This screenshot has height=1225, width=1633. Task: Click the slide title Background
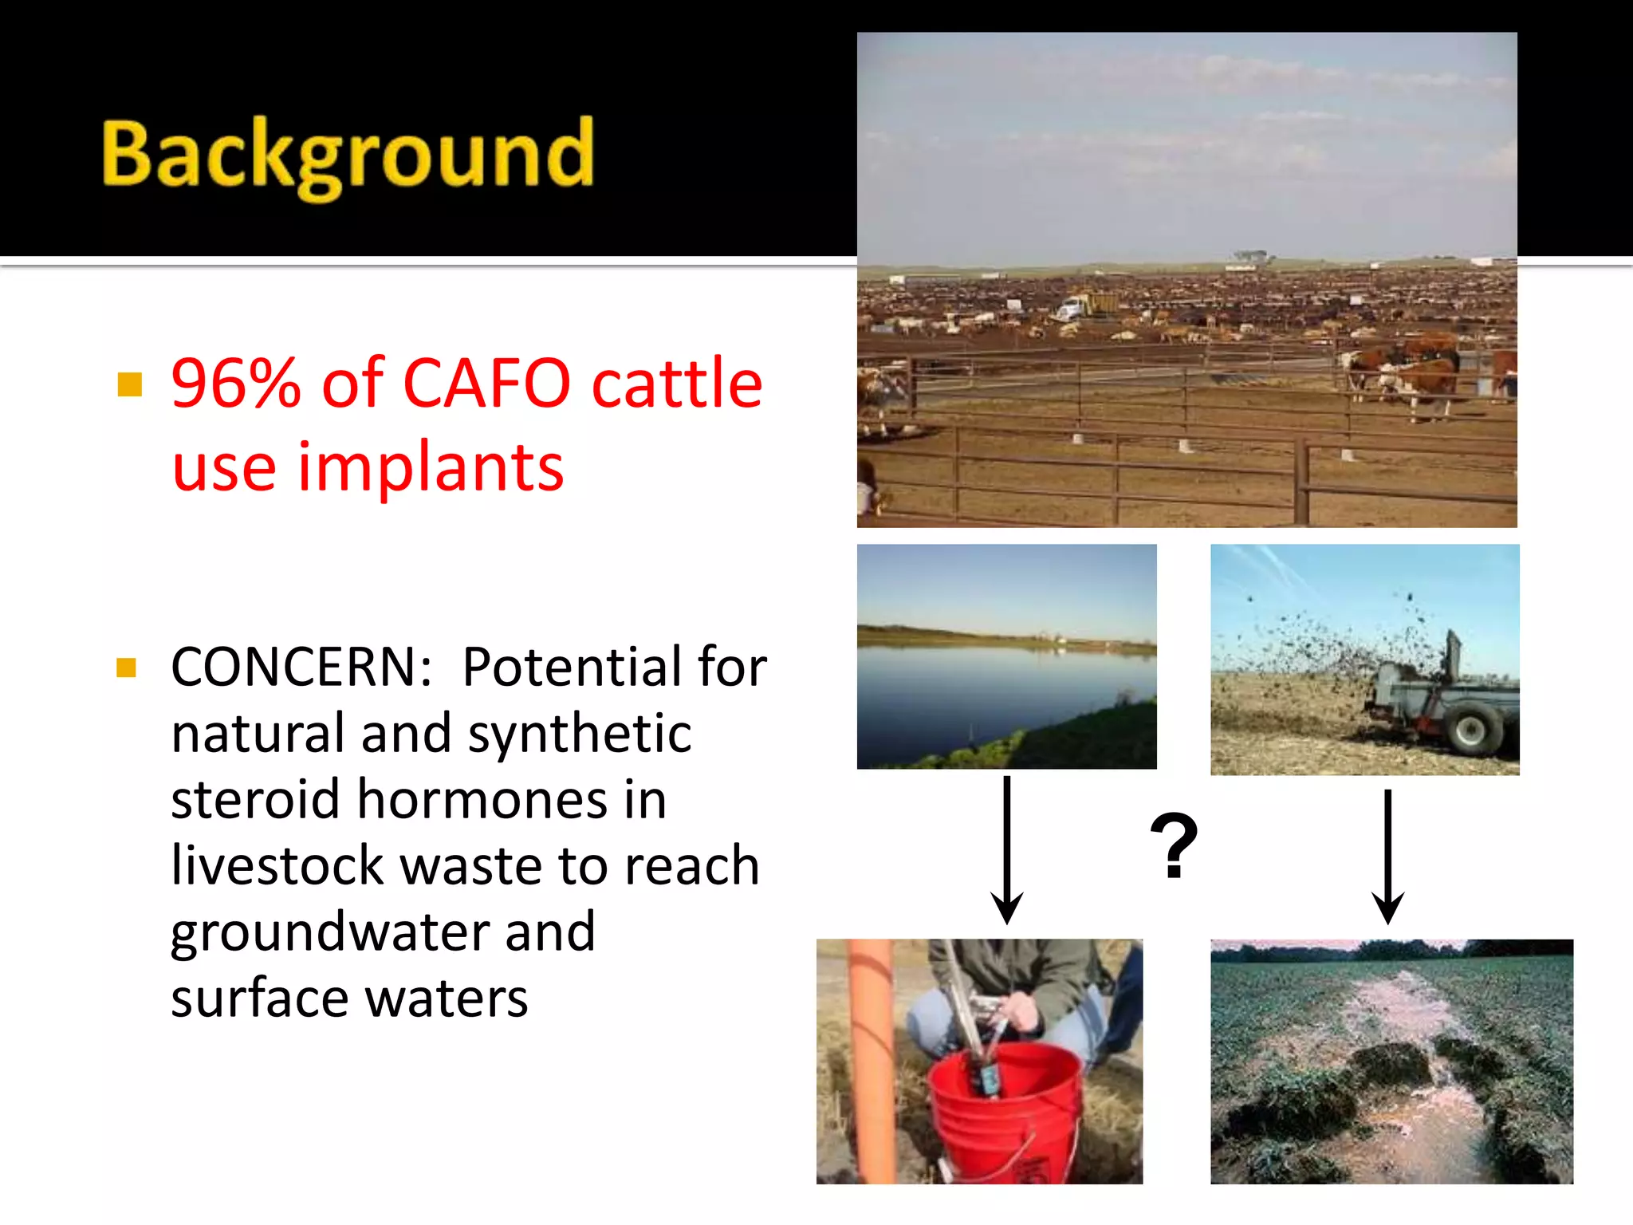[348, 156]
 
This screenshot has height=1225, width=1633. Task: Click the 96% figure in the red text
[236, 384]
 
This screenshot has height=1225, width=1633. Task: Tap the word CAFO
[486, 384]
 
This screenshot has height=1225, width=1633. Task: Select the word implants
[431, 468]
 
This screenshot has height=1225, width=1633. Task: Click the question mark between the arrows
[1174, 847]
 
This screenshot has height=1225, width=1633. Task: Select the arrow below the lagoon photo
[1007, 849]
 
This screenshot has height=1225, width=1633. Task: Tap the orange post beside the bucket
[873, 1061]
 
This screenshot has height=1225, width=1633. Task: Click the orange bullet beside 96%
[129, 384]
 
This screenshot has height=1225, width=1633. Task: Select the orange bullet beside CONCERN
[126, 668]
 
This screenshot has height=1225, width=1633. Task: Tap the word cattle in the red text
[677, 384]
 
